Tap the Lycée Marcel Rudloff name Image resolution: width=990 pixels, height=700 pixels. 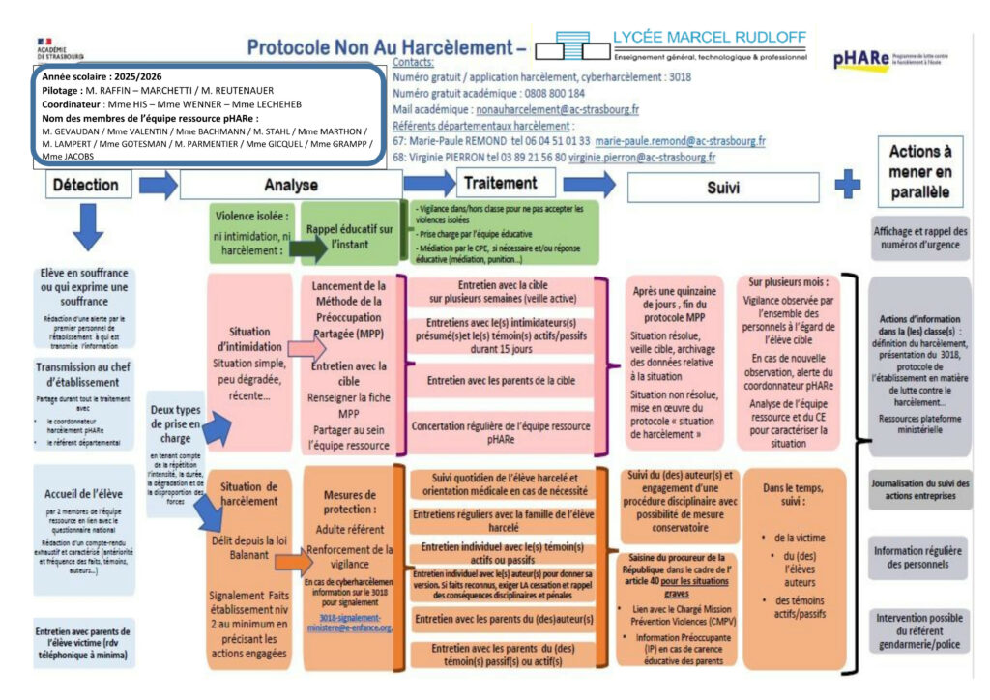[709, 38]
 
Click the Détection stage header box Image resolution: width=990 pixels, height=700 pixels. [85, 184]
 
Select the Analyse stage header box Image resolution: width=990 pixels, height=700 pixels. [290, 185]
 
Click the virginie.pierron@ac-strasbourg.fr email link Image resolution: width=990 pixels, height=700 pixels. [641, 157]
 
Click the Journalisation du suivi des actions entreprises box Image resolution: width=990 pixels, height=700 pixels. [919, 489]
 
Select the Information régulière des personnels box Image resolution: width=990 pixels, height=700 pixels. [919, 557]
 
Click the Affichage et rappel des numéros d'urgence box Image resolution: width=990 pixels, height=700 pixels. [919, 238]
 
